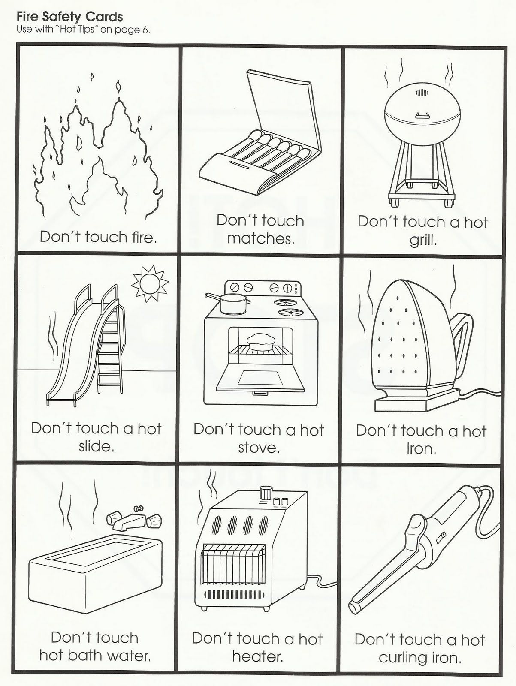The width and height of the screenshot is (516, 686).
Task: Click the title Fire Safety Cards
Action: pyautogui.click(x=69, y=17)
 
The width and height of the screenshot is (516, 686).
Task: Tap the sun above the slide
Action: pyautogui.click(x=150, y=283)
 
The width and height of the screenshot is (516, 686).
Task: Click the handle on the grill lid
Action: pyautogui.click(x=422, y=117)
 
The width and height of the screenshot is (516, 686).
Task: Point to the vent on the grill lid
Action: pyautogui.click(x=422, y=93)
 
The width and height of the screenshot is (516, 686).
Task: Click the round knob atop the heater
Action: pyautogui.click(x=266, y=493)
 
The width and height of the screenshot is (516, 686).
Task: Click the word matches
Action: pyautogui.click(x=261, y=239)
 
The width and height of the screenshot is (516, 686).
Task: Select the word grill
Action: pyautogui.click(x=423, y=241)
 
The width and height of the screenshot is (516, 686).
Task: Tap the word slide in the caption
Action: pyautogui.click(x=96, y=446)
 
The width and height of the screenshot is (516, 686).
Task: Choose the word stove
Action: pyautogui.click(x=259, y=448)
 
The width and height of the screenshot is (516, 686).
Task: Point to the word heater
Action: pyautogui.click(x=258, y=656)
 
